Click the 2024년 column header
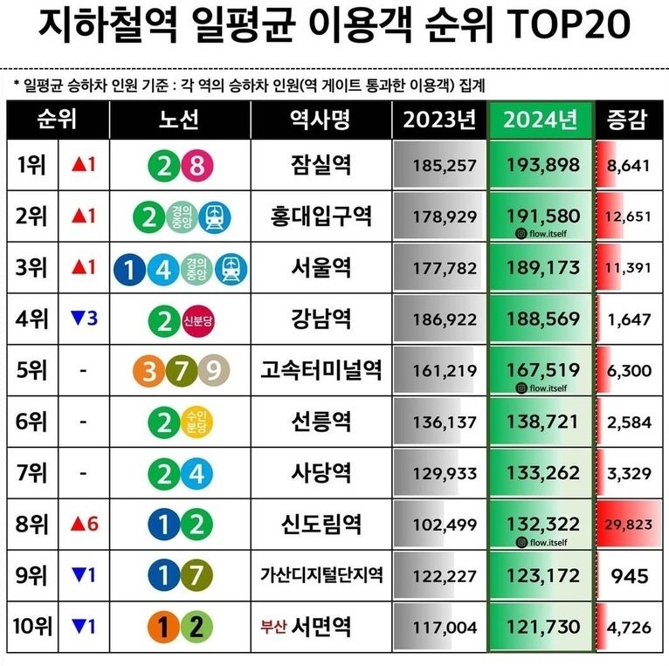541,120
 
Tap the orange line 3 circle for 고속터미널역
150,371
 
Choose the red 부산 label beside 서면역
272,626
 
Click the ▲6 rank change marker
86,524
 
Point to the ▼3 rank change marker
84,319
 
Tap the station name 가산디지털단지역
321,576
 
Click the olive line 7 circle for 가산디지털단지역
196,575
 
